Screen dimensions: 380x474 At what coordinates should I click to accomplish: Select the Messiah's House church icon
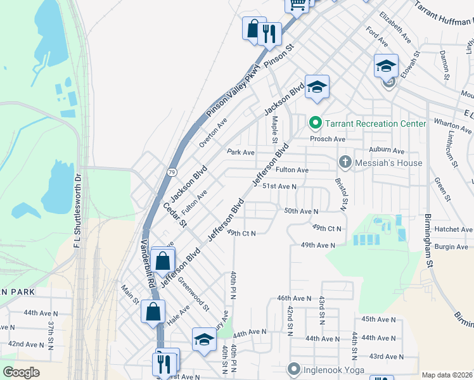(345, 162)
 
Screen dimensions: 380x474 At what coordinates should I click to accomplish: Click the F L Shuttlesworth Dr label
(78, 210)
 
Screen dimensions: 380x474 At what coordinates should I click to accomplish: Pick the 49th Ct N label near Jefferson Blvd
(241, 233)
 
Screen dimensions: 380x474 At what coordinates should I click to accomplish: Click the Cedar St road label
(174, 215)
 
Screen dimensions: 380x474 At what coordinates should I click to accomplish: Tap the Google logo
(21, 372)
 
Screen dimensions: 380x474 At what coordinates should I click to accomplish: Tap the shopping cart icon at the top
(297, 4)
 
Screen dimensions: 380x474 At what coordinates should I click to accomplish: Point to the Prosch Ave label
(327, 139)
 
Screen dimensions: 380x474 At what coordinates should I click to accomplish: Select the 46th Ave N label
(294, 298)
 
